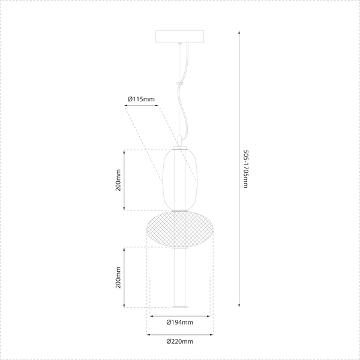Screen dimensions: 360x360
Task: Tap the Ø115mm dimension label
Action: click(x=142, y=98)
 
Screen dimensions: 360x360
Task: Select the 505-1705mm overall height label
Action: click(x=245, y=169)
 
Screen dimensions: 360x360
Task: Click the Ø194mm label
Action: click(x=180, y=323)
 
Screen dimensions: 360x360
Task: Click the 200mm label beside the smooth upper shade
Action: click(x=119, y=180)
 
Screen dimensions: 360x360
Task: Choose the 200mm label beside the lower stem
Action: click(x=119, y=277)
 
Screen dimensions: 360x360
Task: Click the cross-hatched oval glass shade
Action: click(x=180, y=229)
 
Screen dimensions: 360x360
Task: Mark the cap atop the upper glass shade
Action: click(x=180, y=148)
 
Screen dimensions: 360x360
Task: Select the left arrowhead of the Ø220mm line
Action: click(x=149, y=334)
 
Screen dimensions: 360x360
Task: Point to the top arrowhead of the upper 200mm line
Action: click(x=124, y=151)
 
